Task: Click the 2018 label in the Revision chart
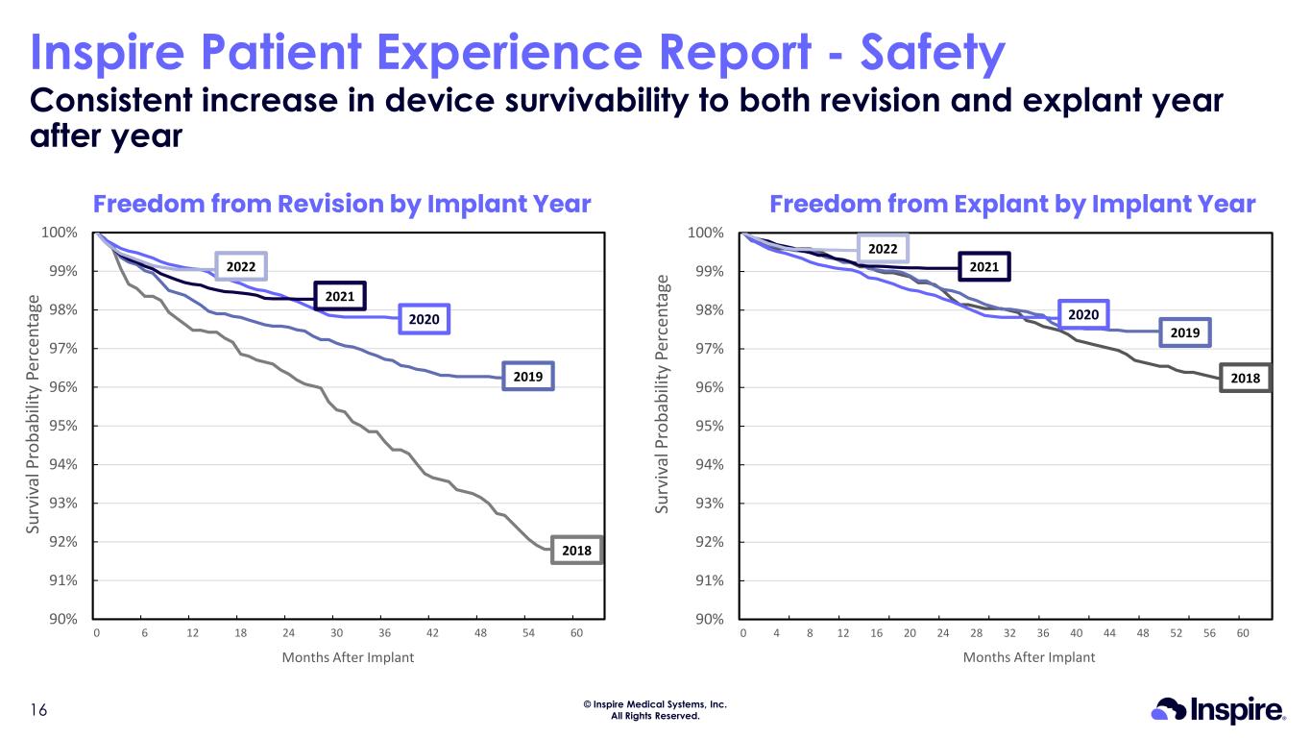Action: (576, 550)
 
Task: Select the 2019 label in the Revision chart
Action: (528, 378)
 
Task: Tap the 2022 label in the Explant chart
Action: (883, 250)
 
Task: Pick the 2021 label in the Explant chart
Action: (983, 266)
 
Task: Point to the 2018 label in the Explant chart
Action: (1245, 379)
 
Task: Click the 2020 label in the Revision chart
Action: (424, 318)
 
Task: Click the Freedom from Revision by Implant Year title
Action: (341, 204)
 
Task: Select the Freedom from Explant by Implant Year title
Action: (1012, 204)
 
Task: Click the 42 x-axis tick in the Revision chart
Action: (432, 633)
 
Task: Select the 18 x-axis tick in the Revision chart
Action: (240, 633)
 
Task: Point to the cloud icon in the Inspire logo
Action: (1170, 710)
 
